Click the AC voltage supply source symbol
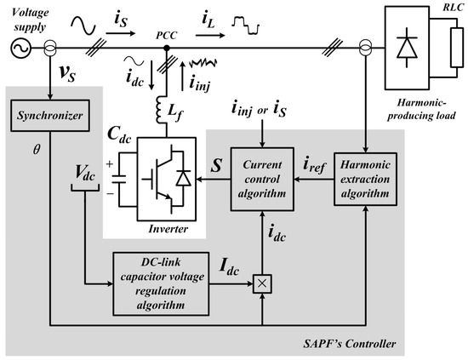pyautogui.click(x=14, y=48)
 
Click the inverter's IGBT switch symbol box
pyautogui.click(x=162, y=180)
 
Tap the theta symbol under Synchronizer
pyautogui.click(x=36, y=147)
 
